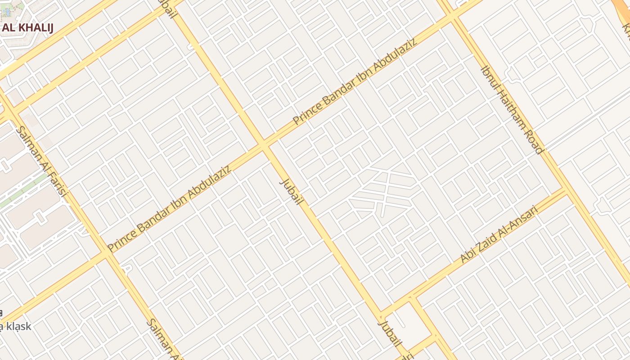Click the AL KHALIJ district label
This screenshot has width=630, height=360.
click(27, 28)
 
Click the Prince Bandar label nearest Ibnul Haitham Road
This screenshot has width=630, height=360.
click(355, 81)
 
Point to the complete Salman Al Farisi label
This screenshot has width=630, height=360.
click(41, 162)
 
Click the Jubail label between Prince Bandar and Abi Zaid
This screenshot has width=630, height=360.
click(290, 192)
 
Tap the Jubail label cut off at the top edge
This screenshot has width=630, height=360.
click(166, 9)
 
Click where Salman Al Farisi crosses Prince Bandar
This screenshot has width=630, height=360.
click(107, 253)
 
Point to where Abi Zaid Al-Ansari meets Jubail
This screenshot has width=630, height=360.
click(380, 315)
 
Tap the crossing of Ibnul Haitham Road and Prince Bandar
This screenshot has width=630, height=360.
click(452, 18)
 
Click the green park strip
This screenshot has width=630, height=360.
click(22, 191)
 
